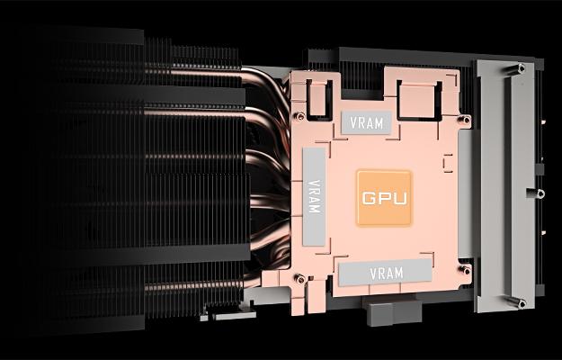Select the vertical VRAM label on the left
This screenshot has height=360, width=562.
[313, 195]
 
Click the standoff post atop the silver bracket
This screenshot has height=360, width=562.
[522, 68]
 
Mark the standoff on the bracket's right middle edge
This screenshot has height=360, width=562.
[540, 193]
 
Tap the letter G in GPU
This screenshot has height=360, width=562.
[368, 197]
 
